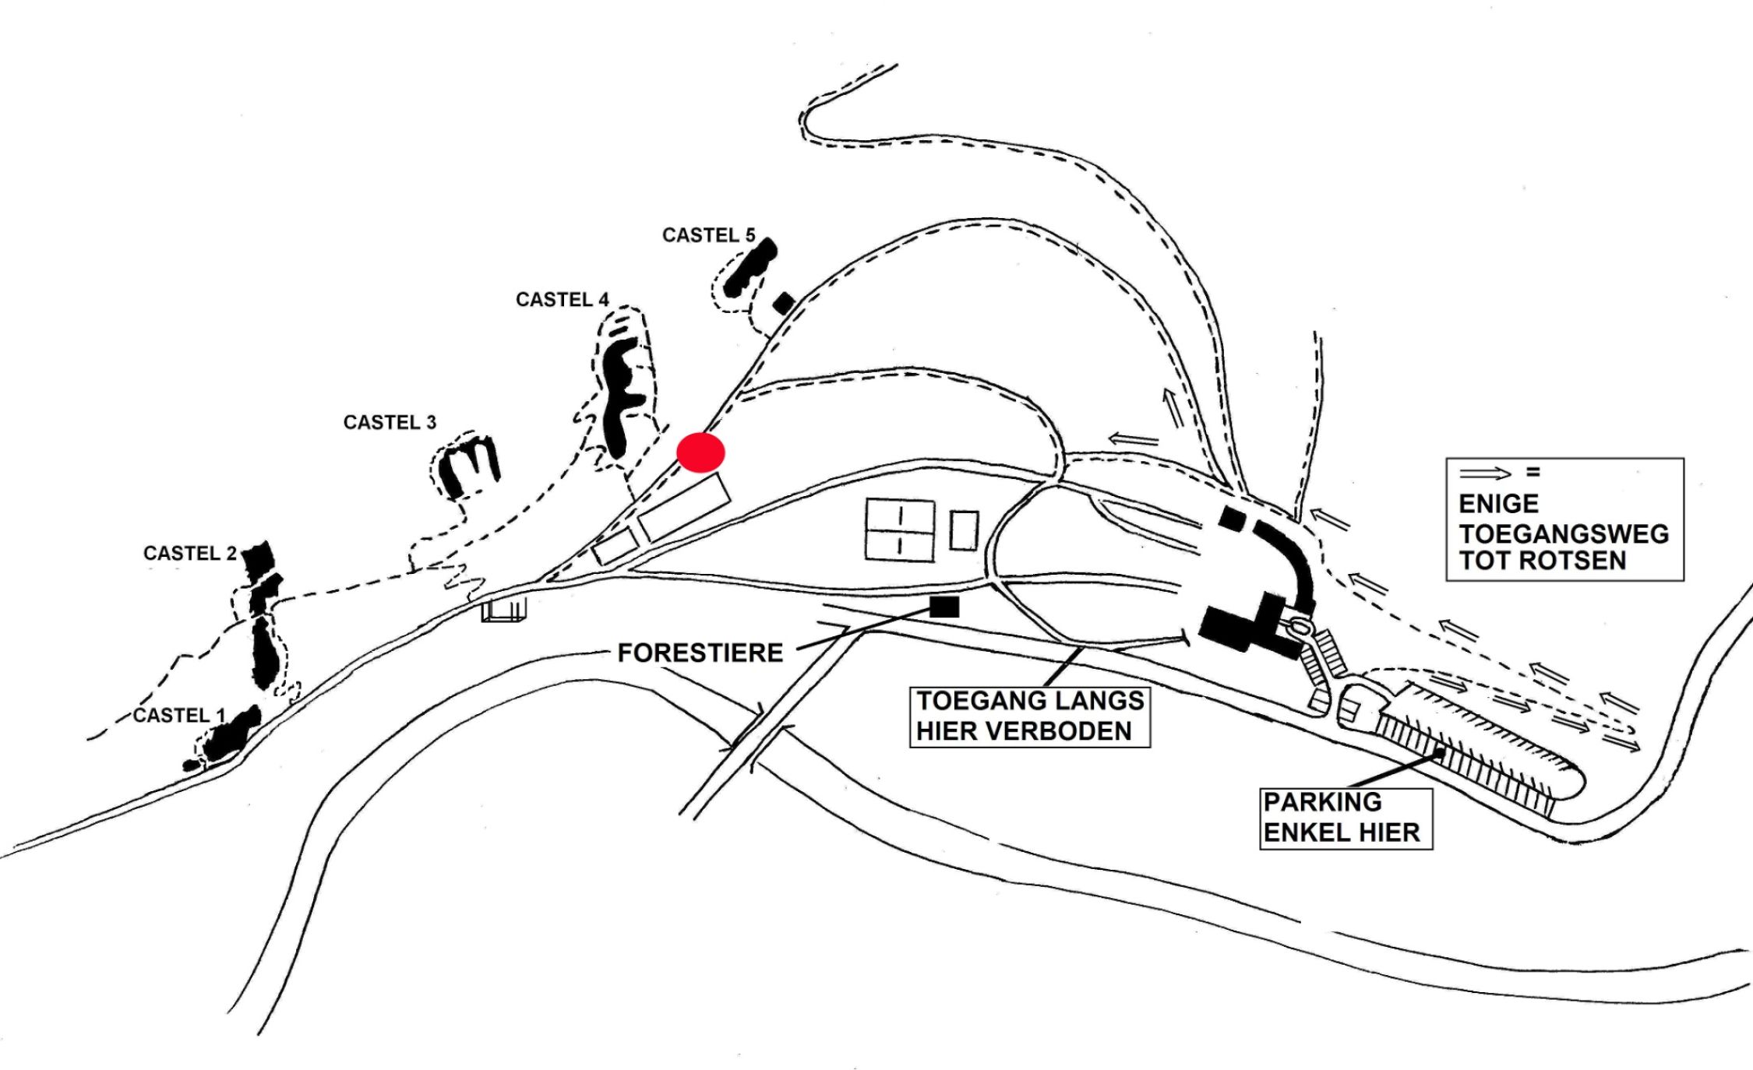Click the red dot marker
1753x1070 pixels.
pyautogui.click(x=700, y=452)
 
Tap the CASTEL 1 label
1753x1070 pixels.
pyautogui.click(x=179, y=715)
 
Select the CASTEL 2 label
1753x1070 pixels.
pyautogui.click(x=190, y=553)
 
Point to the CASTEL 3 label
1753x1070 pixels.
pyautogui.click(x=390, y=422)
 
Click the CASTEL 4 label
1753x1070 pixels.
pyautogui.click(x=562, y=300)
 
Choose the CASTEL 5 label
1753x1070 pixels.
pyautogui.click(x=709, y=235)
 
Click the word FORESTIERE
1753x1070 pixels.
pyautogui.click(x=700, y=653)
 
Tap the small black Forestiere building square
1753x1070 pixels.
pyautogui.click(x=944, y=607)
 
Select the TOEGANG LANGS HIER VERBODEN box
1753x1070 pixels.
pyautogui.click(x=1030, y=716)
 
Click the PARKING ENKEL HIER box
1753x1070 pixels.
pyautogui.click(x=1346, y=818)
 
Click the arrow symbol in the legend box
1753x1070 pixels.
pyautogui.click(x=1484, y=473)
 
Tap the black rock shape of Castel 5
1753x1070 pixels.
pyautogui.click(x=750, y=267)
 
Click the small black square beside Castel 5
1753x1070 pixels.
pyautogui.click(x=784, y=303)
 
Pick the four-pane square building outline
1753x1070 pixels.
pyautogui.click(x=900, y=530)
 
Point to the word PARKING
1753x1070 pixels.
pyautogui.click(x=1322, y=802)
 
